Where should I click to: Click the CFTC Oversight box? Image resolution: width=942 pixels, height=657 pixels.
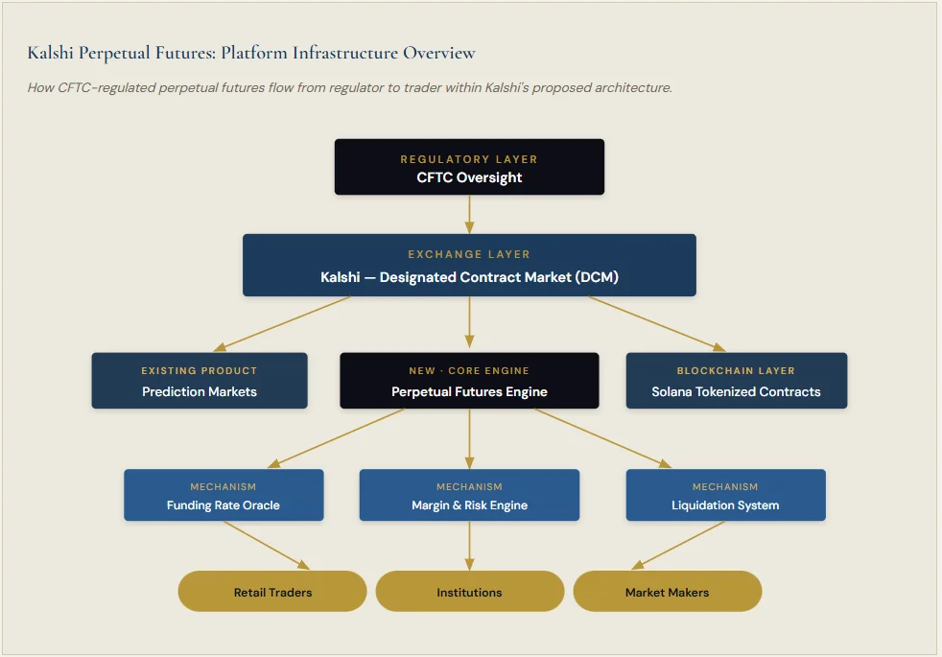click(x=469, y=167)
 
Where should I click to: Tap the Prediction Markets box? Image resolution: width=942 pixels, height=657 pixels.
click(x=200, y=381)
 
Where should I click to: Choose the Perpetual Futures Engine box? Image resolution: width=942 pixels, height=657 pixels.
click(x=469, y=381)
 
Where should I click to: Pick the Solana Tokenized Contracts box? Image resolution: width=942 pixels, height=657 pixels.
click(x=736, y=381)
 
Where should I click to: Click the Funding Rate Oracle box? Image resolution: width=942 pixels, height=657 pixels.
click(x=224, y=495)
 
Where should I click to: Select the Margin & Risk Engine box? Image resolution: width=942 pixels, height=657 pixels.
click(x=469, y=495)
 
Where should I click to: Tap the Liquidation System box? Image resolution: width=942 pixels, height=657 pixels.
click(x=725, y=495)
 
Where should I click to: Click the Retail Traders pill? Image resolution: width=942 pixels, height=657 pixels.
click(x=272, y=591)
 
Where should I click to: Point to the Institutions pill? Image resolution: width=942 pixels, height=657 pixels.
click(x=469, y=591)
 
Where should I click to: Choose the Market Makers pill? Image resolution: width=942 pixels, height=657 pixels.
click(x=667, y=591)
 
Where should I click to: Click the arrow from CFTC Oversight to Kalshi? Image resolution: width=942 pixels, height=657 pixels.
click(x=469, y=214)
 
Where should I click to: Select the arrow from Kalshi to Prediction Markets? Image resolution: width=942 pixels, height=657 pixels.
click(x=283, y=323)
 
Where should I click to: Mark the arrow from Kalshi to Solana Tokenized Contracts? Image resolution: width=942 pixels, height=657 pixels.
click(x=657, y=323)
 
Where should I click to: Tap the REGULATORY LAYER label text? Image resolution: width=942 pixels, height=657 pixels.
click(x=469, y=159)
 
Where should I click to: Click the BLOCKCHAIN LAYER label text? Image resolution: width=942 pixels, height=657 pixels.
click(x=736, y=370)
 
